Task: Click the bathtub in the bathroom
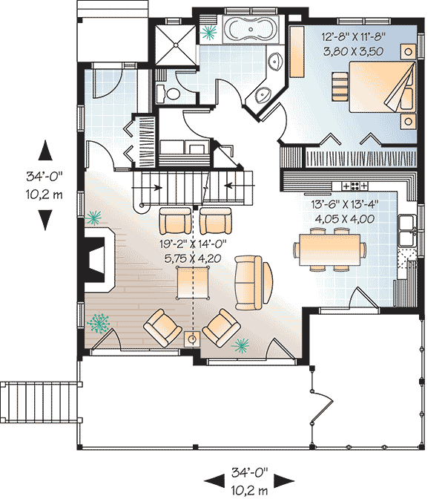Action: [251, 29]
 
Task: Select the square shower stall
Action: [176, 45]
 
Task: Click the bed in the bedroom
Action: [383, 87]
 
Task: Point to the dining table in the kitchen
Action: [329, 249]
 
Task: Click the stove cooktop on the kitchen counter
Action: [355, 186]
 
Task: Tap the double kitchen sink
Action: [407, 231]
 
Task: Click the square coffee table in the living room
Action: [193, 283]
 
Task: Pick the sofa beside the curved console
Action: [248, 283]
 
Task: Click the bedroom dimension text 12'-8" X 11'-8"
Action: [354, 36]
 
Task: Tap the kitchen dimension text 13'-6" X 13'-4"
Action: [345, 204]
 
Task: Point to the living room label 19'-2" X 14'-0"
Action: [193, 244]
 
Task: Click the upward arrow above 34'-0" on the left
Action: [45, 150]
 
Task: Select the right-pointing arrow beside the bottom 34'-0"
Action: [283, 481]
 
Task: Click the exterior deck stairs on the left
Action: [39, 402]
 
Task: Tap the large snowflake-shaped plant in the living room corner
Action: [98, 323]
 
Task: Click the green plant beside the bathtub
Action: [208, 32]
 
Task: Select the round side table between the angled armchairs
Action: [192, 339]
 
